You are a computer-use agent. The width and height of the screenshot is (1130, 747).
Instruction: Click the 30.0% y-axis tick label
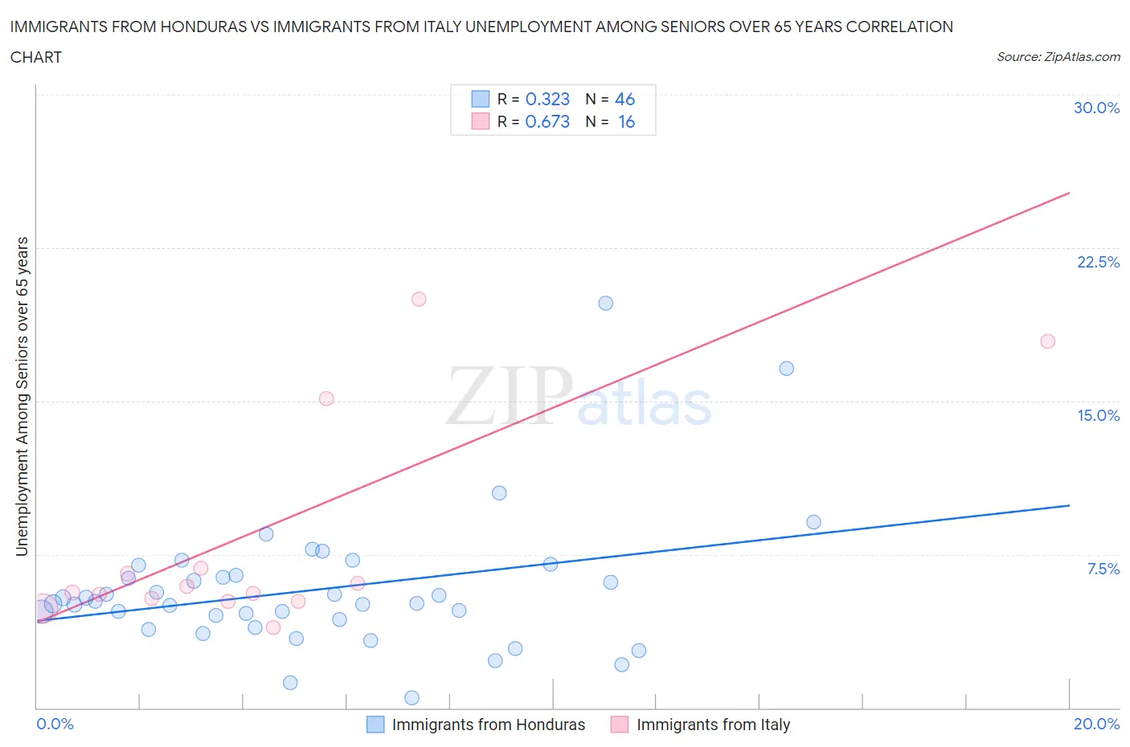(1096, 108)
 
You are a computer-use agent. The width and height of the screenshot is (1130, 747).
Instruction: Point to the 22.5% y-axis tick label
(1098, 262)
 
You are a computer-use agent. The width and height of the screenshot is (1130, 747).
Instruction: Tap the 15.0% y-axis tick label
(1098, 415)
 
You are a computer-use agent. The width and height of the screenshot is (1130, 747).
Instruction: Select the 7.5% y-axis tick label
(1103, 569)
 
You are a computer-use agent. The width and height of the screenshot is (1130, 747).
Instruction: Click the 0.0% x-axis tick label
(55, 724)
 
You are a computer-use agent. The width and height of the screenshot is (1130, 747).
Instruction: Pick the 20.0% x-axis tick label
(1096, 724)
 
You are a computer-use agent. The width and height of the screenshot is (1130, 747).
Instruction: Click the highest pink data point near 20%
(419, 299)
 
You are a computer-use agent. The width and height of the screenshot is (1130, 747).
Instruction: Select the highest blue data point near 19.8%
(606, 303)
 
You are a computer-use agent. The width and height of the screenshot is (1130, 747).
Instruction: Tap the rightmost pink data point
(1047, 341)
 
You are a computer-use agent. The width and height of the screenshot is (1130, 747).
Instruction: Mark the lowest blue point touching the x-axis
(411, 697)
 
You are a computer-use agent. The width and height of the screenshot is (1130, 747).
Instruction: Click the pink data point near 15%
(326, 398)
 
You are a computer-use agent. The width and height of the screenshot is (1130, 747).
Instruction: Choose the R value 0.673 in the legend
(547, 121)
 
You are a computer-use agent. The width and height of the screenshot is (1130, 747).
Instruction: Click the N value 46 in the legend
(624, 99)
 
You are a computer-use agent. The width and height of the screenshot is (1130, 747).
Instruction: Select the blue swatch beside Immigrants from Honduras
(375, 725)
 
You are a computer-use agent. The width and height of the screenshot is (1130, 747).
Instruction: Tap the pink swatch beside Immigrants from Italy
(620, 725)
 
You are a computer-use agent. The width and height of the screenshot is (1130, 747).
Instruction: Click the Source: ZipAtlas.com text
(1058, 56)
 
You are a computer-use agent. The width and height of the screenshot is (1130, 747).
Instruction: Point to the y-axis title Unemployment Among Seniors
(22, 396)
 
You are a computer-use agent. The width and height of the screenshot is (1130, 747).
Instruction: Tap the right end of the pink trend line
(1069, 193)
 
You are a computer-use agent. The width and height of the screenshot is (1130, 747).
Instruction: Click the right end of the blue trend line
(1069, 505)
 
